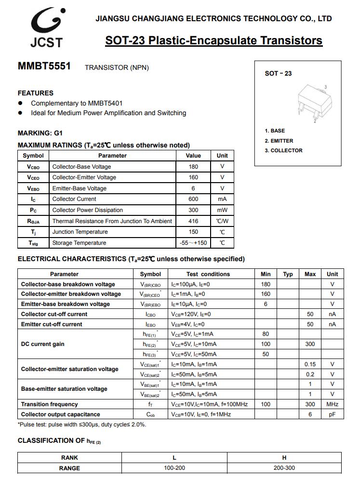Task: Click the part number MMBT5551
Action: coord(44,66)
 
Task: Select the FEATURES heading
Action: coord(36,93)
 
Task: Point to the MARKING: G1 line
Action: coord(40,133)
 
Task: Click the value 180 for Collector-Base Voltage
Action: coord(193,167)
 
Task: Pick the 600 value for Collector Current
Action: coord(193,199)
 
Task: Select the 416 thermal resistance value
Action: coord(193,221)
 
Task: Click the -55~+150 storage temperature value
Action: coord(193,243)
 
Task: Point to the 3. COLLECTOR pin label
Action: coord(283,150)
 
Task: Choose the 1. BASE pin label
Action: coord(275,131)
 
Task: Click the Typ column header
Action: coord(288,274)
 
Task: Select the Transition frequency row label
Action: coord(49,404)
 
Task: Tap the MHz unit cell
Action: coord(332,404)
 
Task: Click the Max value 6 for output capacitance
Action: coord(310,414)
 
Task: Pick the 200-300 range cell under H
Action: coord(284,468)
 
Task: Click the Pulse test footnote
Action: coord(82,425)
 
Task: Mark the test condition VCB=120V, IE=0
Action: coord(191,314)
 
